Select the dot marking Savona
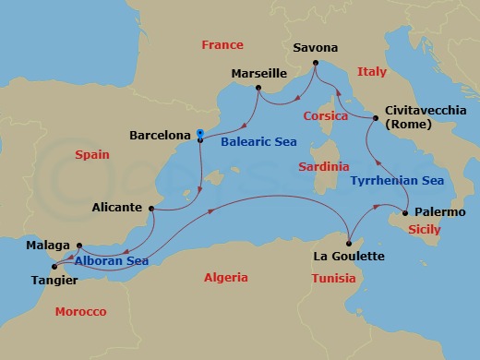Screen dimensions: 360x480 click(x=316, y=64)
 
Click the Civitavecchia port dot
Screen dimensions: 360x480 click(x=376, y=118)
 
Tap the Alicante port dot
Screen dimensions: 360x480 click(x=151, y=209)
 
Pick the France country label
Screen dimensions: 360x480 click(x=222, y=44)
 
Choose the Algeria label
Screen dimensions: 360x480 click(x=226, y=277)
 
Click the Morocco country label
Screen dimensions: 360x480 click(x=80, y=312)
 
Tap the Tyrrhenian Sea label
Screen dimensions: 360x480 click(x=397, y=182)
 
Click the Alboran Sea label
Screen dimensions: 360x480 click(x=107, y=261)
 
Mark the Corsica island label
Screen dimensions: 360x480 click(x=326, y=116)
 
